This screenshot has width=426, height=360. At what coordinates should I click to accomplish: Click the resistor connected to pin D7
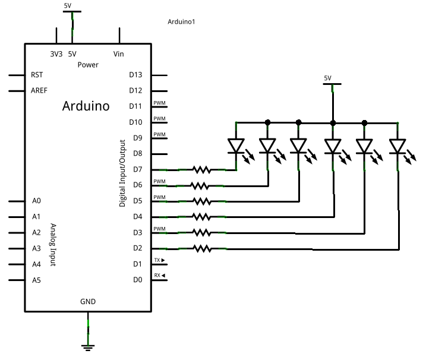(x=201, y=169)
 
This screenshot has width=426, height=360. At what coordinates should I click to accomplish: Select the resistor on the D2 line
(x=201, y=248)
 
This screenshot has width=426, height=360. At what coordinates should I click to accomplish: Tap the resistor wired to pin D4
(x=201, y=216)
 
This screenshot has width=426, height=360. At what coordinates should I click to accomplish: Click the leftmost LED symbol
(x=236, y=146)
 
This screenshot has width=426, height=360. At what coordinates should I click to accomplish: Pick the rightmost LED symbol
(x=397, y=146)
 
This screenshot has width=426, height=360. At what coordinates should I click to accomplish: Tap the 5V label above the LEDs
(x=328, y=78)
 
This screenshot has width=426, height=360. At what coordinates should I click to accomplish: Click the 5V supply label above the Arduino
(x=69, y=5)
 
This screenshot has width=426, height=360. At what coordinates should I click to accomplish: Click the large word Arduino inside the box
(x=86, y=106)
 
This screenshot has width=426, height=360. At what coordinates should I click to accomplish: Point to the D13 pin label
(x=135, y=75)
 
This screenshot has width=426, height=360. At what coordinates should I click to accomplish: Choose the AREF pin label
(x=39, y=90)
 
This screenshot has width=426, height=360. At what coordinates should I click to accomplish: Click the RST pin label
(x=36, y=75)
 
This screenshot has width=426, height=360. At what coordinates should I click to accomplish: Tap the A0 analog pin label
(x=37, y=201)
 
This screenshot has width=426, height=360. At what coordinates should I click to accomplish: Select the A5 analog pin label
(x=37, y=279)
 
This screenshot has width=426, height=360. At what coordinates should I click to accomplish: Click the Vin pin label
(x=119, y=53)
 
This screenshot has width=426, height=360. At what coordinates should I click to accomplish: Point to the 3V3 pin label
(x=56, y=53)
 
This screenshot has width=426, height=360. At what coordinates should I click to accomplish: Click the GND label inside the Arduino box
(x=88, y=301)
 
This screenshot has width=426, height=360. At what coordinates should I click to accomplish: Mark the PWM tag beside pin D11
(x=159, y=103)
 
